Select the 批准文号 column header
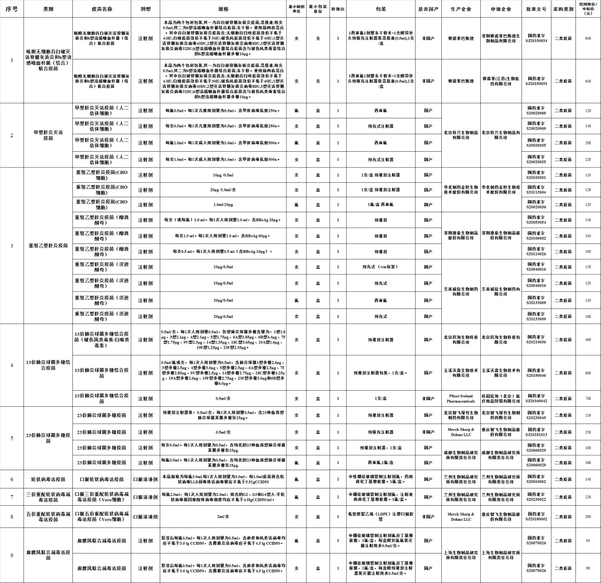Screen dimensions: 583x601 coord(537,9)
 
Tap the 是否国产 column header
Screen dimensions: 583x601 coord(426,9)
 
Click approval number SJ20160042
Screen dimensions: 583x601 coord(537,398)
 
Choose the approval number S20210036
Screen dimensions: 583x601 coord(537,339)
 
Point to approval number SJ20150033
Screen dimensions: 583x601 coord(537,81)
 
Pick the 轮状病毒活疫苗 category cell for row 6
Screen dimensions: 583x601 coord(48,479)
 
